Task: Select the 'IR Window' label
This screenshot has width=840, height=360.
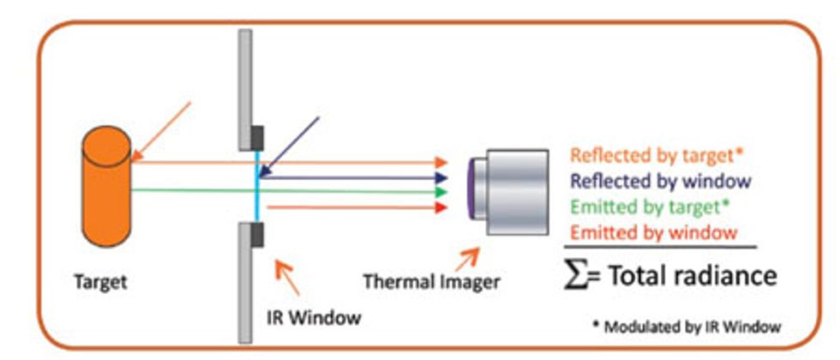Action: [312, 318]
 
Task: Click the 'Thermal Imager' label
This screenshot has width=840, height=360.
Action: [431, 280]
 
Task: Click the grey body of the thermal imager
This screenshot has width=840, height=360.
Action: [514, 192]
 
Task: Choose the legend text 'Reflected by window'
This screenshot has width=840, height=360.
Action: [660, 182]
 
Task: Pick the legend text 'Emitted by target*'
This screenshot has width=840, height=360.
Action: [651, 207]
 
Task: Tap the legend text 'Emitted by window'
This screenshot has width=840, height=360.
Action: [653, 232]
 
